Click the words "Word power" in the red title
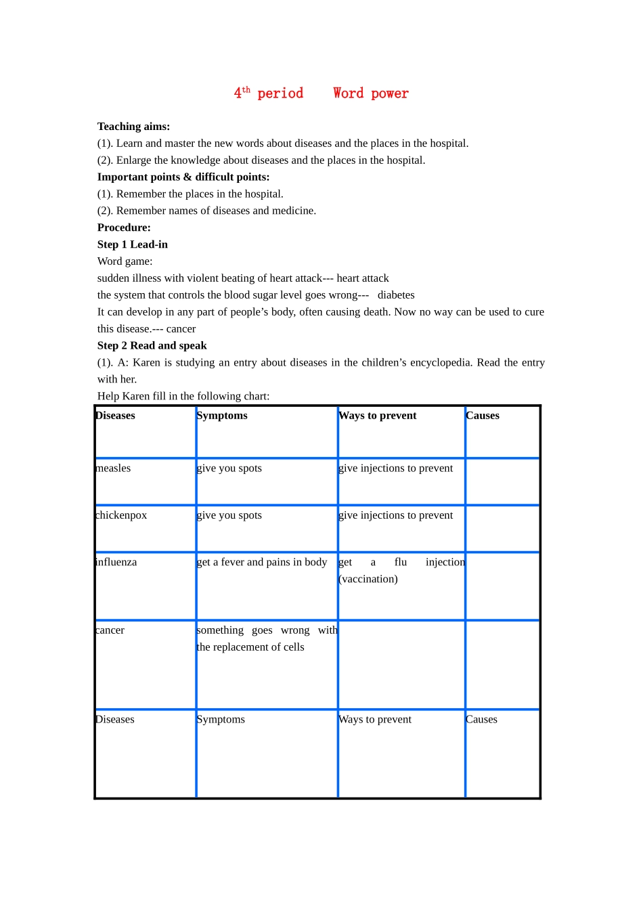pos(370,93)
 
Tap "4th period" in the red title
pos(269,93)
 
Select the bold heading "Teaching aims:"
pos(133,127)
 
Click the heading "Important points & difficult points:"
pos(183,177)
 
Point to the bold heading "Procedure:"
pos(124,227)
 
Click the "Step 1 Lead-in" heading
pos(133,244)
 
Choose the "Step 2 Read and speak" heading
pos(152,346)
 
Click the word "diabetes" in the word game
pos(396,295)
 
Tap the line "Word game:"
pos(125,261)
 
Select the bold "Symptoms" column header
pos(222,416)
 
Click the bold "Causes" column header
pos(483,416)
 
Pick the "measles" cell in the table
pos(113,469)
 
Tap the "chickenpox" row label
pos(121,515)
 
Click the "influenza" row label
pos(116,562)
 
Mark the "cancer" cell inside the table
pos(110,630)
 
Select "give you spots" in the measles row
pos(229,469)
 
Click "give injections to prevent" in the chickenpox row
pos(395,515)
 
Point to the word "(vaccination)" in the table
pos(368,579)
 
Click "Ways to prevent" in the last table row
pos(375,720)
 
